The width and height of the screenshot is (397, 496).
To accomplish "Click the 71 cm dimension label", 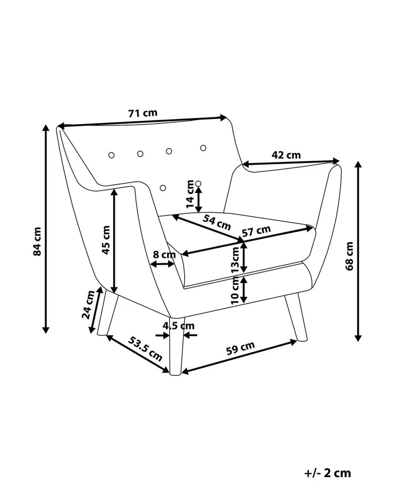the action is coord(143,113).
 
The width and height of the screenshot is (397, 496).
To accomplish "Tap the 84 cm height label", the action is coord(37,241).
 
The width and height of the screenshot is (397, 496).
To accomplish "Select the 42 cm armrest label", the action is coord(286,155).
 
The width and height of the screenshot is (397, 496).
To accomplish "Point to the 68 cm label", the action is coord(350,256).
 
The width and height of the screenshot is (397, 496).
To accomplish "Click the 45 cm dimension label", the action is coord(106,240).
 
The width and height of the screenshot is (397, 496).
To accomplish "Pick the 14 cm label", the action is coord(190,194).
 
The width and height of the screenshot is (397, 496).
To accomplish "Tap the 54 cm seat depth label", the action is coord(217,222).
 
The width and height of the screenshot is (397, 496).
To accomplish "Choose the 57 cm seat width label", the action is coord(256,231).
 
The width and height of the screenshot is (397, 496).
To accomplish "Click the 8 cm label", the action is coord(164,254).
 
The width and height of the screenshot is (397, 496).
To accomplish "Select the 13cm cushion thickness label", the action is coord(235,260).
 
